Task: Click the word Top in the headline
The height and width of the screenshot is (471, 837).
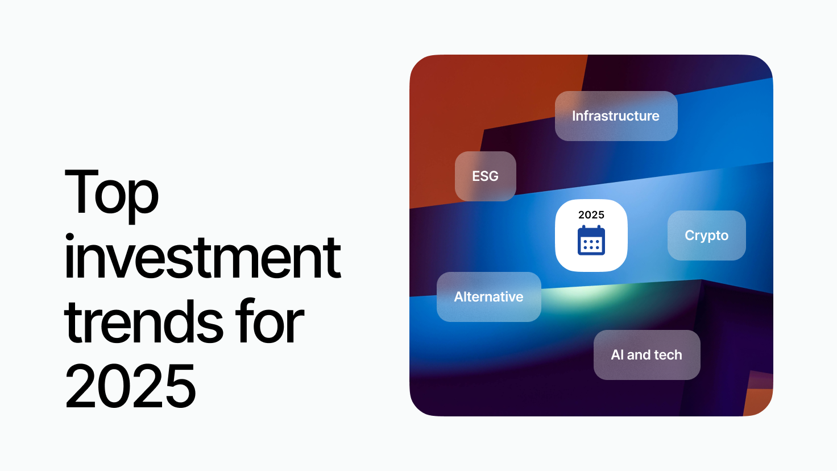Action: pyautogui.click(x=111, y=196)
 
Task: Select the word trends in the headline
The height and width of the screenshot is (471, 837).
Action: pyautogui.click(x=143, y=321)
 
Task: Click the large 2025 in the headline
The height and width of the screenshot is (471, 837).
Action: pyautogui.click(x=130, y=386)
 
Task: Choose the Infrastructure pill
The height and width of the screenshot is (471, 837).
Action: pyautogui.click(x=616, y=116)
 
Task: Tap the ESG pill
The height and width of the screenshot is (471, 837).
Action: pyautogui.click(x=486, y=176)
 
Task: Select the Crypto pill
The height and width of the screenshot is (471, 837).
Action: pyautogui.click(x=707, y=235)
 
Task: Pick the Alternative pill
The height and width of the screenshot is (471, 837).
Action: pyautogui.click(x=489, y=297)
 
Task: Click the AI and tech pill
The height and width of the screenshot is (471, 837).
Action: pyautogui.click(x=647, y=355)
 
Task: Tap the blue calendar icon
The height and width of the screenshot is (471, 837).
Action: pyautogui.click(x=591, y=240)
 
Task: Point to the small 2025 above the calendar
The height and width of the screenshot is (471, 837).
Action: pyautogui.click(x=591, y=215)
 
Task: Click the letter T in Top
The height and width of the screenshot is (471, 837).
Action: pyautogui.click(x=81, y=191)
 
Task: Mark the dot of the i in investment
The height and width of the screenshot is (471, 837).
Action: pyautogui.click(x=69, y=238)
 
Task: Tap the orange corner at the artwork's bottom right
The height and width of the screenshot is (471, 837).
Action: pyautogui.click(x=759, y=402)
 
